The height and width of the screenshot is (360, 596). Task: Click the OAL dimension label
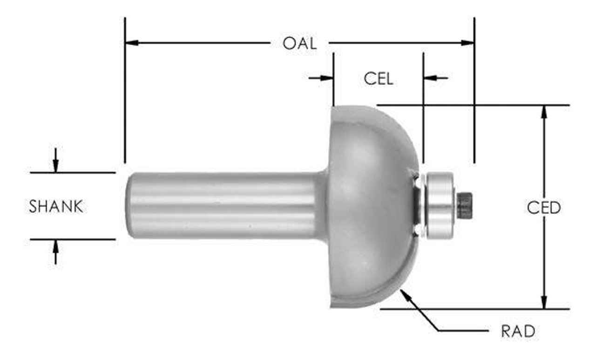coord(299,43)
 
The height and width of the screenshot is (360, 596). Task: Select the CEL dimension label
coord(378,79)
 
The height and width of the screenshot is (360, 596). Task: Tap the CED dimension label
coord(543,208)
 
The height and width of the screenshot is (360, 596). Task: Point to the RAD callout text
coord(518,332)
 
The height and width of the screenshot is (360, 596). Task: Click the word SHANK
coord(56,206)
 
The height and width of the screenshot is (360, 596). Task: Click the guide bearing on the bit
coord(440,205)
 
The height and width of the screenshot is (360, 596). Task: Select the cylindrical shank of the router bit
coord(223,205)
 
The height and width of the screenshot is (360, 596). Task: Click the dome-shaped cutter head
coord(368,205)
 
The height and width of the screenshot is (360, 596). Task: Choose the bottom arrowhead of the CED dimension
coord(543,303)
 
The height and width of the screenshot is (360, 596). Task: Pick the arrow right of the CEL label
coord(430,78)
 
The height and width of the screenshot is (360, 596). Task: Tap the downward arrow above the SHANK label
coord(56,167)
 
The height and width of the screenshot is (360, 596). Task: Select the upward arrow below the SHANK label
coord(56,245)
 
